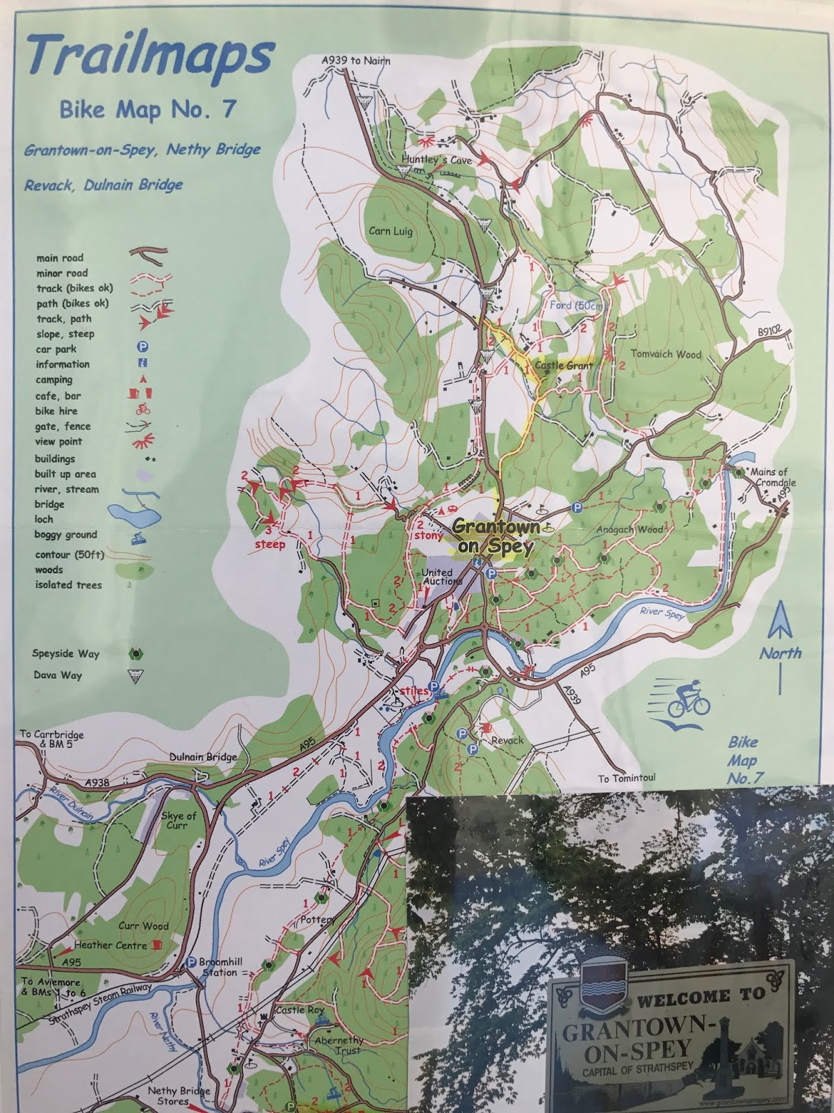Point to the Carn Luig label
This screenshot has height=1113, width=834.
coord(390,231)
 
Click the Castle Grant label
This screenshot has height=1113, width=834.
coord(564,365)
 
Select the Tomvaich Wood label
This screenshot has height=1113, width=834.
coord(666,354)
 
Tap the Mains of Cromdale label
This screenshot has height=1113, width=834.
coord(774,477)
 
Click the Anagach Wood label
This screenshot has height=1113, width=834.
coord(630,529)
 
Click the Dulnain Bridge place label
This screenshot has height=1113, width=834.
coord(203,757)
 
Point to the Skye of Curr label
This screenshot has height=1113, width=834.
coord(182,820)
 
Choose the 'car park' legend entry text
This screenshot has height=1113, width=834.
coord(56,349)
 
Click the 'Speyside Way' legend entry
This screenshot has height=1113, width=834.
coord(65,654)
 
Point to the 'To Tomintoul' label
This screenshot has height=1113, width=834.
coord(627,778)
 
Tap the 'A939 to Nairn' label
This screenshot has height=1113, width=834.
coord(356,61)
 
